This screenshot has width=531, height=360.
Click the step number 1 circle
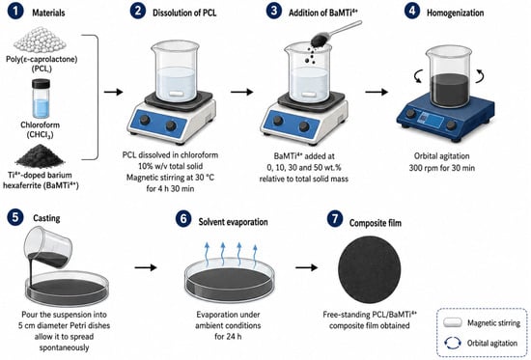(15, 12)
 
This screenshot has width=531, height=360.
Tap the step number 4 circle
(412, 11)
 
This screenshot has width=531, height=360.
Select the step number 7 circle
(335, 219)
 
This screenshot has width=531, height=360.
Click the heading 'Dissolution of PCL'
(184, 14)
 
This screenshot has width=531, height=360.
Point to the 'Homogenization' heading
(455, 14)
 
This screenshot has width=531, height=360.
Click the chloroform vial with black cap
(41, 98)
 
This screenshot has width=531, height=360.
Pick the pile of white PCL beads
(41, 40)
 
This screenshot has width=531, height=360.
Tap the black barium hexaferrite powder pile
(40, 156)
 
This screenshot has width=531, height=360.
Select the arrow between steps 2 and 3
(241, 92)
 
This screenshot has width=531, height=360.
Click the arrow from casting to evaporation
(146, 267)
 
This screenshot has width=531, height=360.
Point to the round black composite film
(370, 270)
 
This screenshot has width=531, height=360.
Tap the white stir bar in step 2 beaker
(176, 95)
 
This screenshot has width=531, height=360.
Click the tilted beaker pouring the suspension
(48, 247)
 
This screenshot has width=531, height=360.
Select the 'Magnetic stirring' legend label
(493, 323)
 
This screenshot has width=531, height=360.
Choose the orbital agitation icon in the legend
(453, 343)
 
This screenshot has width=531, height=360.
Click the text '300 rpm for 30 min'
(441, 168)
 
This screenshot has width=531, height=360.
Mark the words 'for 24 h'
(228, 337)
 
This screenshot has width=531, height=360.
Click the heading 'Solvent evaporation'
(233, 222)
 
